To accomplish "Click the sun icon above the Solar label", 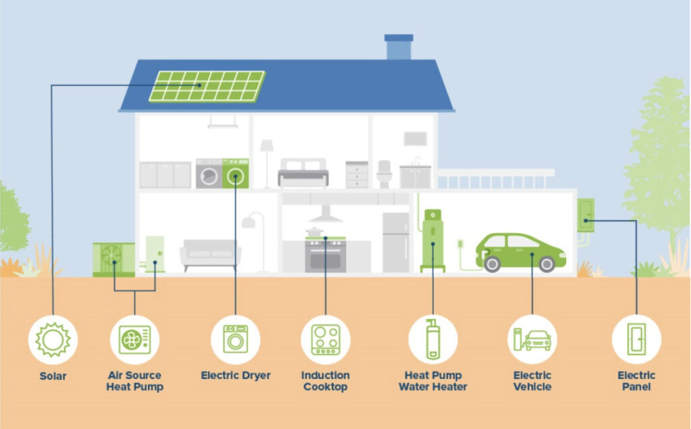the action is pyautogui.click(x=53, y=340).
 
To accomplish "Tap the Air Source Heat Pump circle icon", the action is pyautogui.click(x=134, y=340).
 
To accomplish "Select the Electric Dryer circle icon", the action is pyautogui.click(x=236, y=340).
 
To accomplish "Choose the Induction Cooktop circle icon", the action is pyautogui.click(x=326, y=340).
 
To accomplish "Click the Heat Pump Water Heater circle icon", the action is pyautogui.click(x=433, y=340).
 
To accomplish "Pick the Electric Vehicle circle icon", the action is pyautogui.click(x=532, y=340).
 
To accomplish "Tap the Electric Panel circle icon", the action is pyautogui.click(x=636, y=340).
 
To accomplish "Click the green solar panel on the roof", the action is pyautogui.click(x=207, y=86).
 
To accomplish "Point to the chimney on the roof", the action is pyautogui.click(x=399, y=47).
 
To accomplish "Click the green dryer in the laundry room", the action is pyautogui.click(x=236, y=174).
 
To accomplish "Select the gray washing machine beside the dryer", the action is pyautogui.click(x=209, y=174).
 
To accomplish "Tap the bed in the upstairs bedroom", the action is pyautogui.click(x=303, y=172).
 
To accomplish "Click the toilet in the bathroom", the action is pyautogui.click(x=384, y=174).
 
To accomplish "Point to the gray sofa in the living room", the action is pyautogui.click(x=211, y=255).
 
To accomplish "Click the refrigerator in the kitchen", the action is pyautogui.click(x=395, y=243).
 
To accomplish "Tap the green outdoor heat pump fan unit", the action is pyautogui.click(x=113, y=259).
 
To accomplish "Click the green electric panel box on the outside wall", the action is pyautogui.click(x=586, y=215).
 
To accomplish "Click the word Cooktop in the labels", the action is pyautogui.click(x=326, y=387).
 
